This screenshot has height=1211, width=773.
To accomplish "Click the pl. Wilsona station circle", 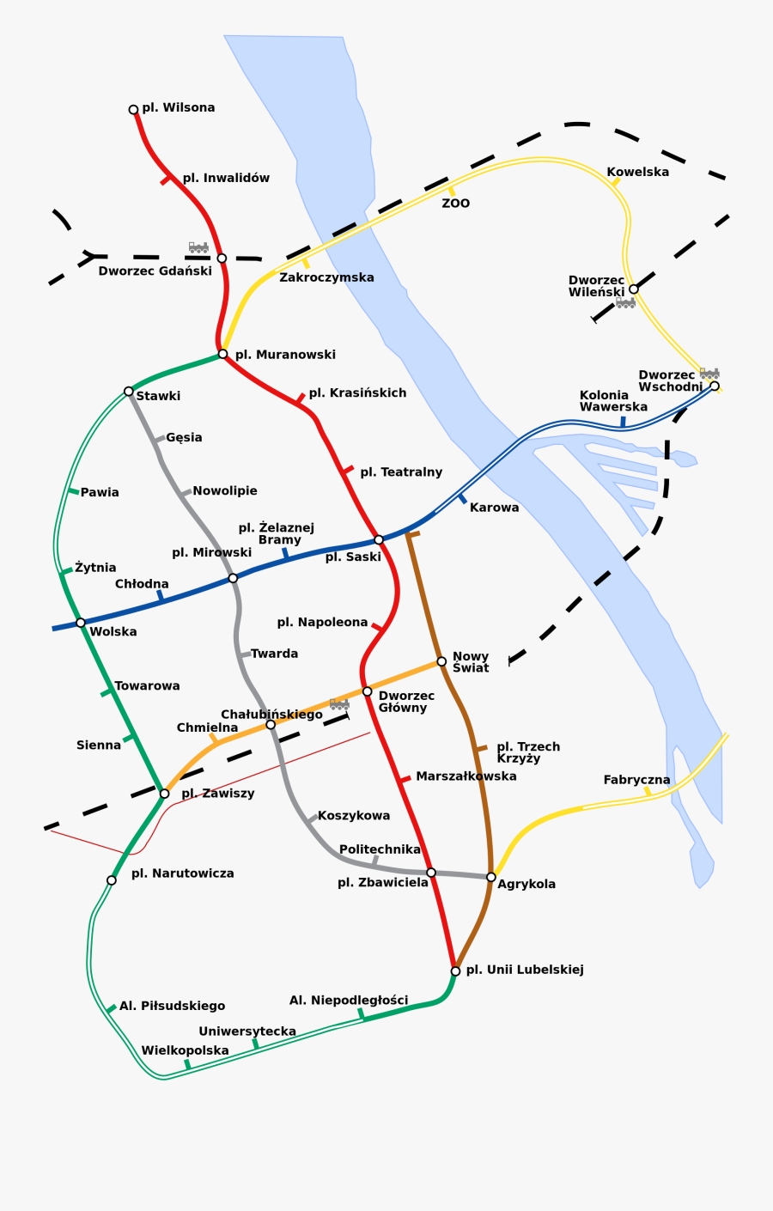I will point(133,110).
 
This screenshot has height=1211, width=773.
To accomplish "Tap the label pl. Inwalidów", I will point(226,178).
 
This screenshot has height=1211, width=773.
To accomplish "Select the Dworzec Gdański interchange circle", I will point(222,259).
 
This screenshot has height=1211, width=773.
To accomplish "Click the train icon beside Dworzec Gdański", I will point(198,247).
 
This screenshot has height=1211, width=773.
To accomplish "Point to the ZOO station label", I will point(456,204).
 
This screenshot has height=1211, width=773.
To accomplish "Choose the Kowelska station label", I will point(637,172).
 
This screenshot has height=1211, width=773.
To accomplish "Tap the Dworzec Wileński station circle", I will point(633,289).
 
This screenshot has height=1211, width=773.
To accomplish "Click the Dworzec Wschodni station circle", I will point(715,386).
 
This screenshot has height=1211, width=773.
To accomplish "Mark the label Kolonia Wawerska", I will point(613,401).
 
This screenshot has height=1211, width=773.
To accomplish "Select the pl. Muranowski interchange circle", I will point(222,354).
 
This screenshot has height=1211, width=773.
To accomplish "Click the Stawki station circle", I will point(129,392).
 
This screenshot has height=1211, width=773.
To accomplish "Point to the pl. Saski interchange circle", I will point(379,540).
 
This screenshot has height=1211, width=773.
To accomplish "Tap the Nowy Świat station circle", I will point(441,661).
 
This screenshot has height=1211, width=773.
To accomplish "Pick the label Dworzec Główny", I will point(405,702).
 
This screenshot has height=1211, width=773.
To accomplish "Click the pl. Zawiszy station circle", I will point(164,794).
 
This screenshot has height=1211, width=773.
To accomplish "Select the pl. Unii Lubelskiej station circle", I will point(455,971).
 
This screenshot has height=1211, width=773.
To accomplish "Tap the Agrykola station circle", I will point(491,877).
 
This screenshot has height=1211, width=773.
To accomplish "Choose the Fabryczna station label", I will point(636,780).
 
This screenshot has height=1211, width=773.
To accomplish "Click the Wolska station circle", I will point(81,623).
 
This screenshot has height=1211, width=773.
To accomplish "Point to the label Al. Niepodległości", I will point(349,1001).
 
